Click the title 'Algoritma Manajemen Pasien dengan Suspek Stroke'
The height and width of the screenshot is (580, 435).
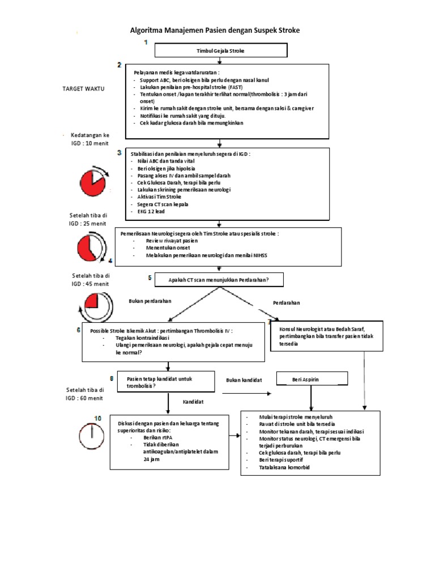click(215, 30)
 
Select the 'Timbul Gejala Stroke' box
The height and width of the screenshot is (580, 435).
click(220, 51)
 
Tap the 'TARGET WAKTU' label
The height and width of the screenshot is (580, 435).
click(87, 89)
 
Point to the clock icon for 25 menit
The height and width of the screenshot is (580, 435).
click(92, 248)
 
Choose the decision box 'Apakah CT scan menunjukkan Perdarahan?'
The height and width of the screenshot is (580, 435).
click(219, 280)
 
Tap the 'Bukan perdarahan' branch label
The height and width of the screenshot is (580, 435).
click(150, 301)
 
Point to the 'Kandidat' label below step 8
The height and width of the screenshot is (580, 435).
click(193, 402)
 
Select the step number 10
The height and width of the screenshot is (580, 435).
click(97, 418)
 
